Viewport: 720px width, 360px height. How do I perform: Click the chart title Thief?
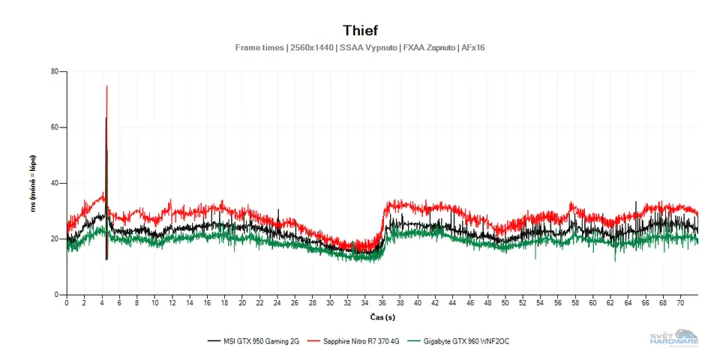coord(360,31)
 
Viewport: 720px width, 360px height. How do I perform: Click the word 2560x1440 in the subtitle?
coord(310,48)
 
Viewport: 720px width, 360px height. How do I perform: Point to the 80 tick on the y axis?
coord(54,72)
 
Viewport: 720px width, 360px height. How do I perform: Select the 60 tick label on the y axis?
coord(54,127)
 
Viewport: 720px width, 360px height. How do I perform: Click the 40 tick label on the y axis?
coord(54,183)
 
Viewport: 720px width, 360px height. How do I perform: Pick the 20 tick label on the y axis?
coord(54,238)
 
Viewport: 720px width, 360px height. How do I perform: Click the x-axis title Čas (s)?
coord(382,317)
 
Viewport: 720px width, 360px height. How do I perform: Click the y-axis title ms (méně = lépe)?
coord(33,183)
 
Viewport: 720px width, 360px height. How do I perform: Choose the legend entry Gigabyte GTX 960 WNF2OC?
coord(463,341)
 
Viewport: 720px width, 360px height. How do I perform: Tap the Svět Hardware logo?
coord(674,338)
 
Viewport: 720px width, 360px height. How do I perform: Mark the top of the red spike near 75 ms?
coord(106,86)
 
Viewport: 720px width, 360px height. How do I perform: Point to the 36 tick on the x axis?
coord(382,303)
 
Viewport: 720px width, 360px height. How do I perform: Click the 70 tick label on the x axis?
coord(680,303)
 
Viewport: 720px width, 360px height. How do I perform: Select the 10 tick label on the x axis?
coord(154,303)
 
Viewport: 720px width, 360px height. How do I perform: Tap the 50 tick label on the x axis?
coord(505,303)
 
